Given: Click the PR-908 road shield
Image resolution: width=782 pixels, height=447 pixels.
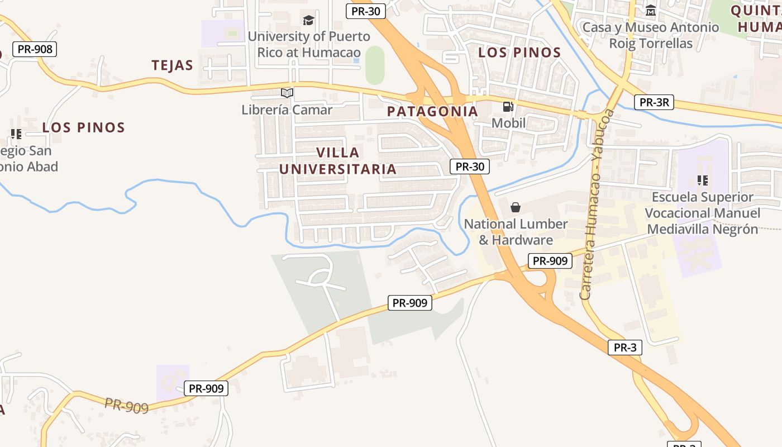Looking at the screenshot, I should (x=35, y=49).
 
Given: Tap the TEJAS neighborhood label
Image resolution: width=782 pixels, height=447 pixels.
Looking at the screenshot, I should (x=172, y=65).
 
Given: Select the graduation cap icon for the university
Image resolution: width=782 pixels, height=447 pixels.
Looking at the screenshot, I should (x=308, y=21).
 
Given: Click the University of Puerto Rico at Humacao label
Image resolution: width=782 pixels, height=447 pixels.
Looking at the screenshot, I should (x=308, y=44).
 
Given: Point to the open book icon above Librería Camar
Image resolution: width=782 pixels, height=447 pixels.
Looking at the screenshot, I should (x=287, y=93).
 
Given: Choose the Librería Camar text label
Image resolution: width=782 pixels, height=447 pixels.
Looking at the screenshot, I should (x=287, y=110).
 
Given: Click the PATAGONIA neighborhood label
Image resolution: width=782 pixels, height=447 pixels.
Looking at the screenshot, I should (x=433, y=111).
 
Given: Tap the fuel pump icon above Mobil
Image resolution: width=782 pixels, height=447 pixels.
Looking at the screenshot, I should (x=508, y=106).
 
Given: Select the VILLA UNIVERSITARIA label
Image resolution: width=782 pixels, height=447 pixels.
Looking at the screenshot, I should (x=338, y=160).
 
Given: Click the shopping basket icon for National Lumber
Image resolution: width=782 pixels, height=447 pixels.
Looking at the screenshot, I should (x=516, y=207).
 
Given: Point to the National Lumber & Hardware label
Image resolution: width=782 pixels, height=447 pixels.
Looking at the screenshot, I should (x=516, y=232).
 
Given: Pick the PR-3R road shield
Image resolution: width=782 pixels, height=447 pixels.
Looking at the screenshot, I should (x=654, y=102).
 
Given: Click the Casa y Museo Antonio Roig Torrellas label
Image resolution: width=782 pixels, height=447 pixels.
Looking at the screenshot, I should (x=651, y=35).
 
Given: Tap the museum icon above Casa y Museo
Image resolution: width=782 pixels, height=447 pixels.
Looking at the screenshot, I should (x=651, y=11).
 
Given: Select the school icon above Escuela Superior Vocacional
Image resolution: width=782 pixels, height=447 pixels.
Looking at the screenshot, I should (x=703, y=180).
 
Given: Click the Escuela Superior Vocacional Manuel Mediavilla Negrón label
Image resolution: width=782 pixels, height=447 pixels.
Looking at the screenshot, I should (x=703, y=213).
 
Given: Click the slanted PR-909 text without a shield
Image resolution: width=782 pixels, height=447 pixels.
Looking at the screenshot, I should (x=127, y=405).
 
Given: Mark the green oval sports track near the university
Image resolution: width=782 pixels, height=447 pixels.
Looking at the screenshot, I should (x=375, y=65).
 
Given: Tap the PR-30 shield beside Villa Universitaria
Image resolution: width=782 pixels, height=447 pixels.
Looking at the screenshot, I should (x=469, y=166).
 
